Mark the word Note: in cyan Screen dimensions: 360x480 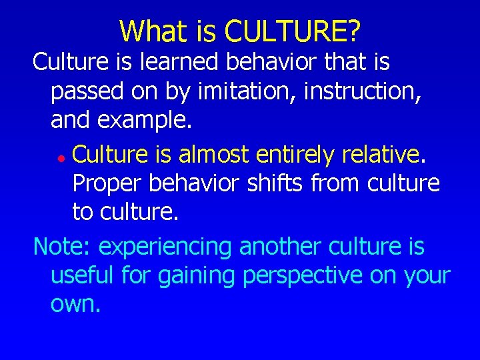coord(63,247)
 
